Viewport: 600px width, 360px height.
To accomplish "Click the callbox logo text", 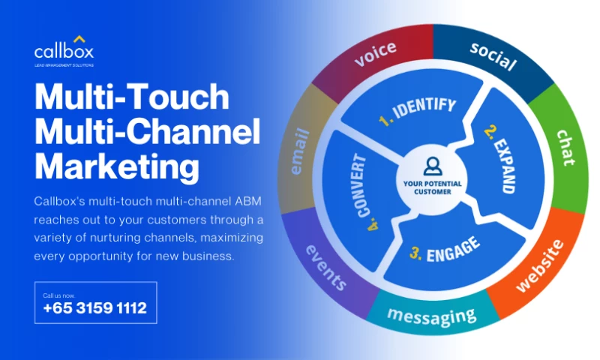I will pyautogui.click(x=64, y=52).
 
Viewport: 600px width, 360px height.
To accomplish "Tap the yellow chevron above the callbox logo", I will pyautogui.click(x=79, y=38).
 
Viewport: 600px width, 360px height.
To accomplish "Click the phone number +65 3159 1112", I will pyautogui.click(x=94, y=308).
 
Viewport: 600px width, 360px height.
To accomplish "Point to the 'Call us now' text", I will pyautogui.click(x=59, y=295).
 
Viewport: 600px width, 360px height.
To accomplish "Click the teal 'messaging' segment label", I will pyautogui.click(x=431, y=316).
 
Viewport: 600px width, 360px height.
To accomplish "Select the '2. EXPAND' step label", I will pyautogui.click(x=499, y=159).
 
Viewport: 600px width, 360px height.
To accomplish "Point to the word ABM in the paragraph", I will pyautogui.click(x=239, y=201).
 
